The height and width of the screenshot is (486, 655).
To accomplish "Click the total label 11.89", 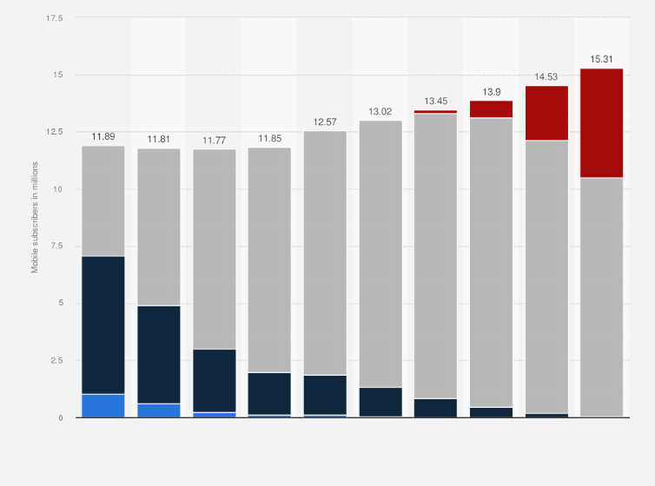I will [103, 137].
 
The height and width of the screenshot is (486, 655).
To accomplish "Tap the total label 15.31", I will [602, 60].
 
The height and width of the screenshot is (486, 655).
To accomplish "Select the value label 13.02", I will [380, 112].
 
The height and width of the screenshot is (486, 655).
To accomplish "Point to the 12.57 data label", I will [325, 122].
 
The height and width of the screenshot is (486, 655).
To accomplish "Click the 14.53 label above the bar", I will [546, 77].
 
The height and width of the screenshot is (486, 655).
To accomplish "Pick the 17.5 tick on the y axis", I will [55, 18].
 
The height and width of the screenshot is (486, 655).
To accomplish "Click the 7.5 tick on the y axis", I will [56, 246].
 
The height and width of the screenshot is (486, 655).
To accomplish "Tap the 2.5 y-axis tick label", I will [56, 361].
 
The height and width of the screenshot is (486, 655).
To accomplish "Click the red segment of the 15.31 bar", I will [602, 123].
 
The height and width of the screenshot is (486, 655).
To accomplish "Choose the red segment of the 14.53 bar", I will [546, 113].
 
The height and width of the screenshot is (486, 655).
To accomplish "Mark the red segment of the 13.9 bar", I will [491, 109].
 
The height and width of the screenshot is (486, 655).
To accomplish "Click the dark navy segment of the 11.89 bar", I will [103, 325].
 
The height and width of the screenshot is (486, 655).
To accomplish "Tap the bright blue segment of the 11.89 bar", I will [103, 406].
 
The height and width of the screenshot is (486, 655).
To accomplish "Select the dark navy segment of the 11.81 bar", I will [159, 354].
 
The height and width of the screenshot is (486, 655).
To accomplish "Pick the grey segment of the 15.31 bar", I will [602, 297].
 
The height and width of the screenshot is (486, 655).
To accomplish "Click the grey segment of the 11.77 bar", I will [215, 249].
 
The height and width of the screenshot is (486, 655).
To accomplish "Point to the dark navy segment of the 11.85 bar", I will [269, 393].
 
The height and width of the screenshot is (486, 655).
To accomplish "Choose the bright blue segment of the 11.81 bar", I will [159, 410].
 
